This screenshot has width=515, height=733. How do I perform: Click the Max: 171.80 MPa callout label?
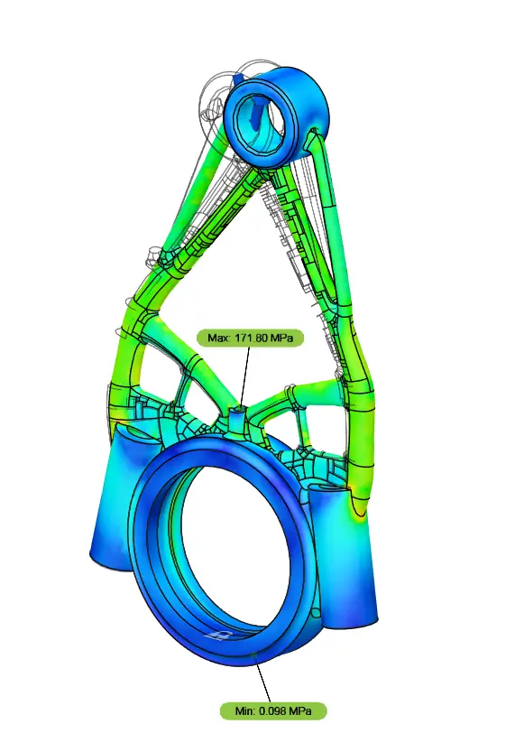250,339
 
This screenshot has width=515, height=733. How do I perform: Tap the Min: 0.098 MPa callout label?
271,711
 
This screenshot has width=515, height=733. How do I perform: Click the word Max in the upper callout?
219,339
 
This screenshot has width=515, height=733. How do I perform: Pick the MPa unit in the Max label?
286,339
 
